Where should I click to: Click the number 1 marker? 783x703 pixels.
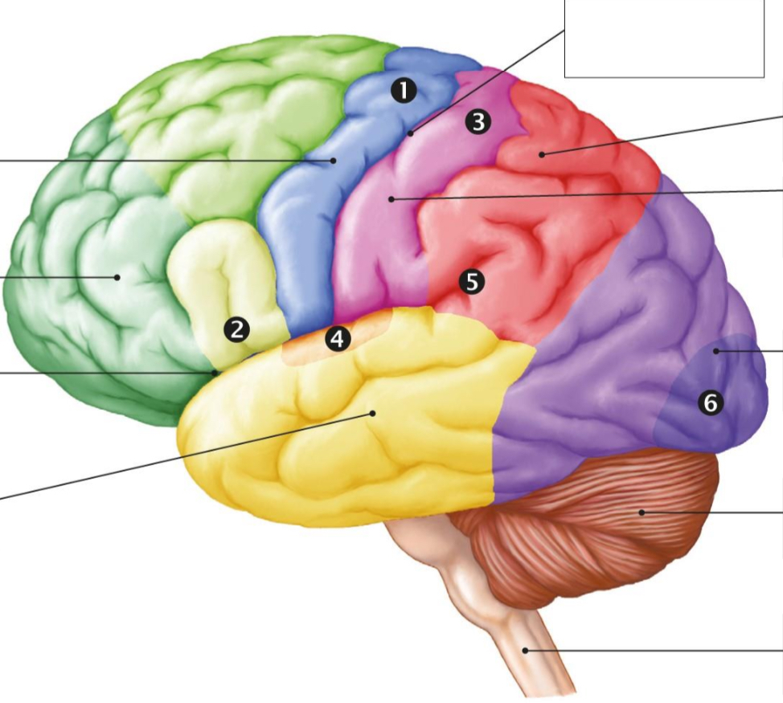click(404, 91)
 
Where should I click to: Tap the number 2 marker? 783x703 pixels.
click(236, 329)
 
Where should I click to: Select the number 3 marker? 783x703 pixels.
click(478, 122)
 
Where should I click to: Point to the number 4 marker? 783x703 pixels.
click(338, 339)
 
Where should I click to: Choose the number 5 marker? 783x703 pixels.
click(472, 282)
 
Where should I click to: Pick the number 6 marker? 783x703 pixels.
click(711, 403)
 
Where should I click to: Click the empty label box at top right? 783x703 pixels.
click(664, 39)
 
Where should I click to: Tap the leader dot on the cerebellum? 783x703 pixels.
click(642, 513)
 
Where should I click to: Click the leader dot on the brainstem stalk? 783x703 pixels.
click(525, 650)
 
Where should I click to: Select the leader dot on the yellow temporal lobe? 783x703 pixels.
click(372, 413)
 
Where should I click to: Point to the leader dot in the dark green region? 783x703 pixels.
click(117, 277)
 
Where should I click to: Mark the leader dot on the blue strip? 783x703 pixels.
click(333, 160)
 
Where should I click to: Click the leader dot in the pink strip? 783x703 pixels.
click(391, 199)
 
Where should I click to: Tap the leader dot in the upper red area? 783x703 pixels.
click(542, 155)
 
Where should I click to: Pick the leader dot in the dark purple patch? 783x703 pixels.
click(716, 351)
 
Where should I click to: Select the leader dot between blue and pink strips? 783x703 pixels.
click(411, 133)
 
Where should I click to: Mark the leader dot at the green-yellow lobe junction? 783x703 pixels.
click(215, 372)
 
